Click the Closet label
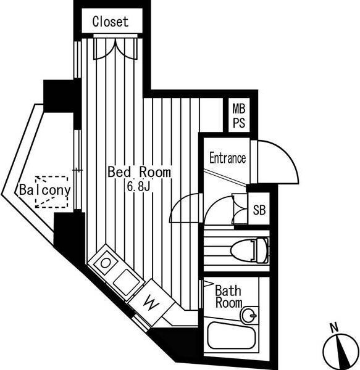click(111, 22)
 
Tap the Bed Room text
click(140, 172)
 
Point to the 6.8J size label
click(139, 187)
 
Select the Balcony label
click(45, 190)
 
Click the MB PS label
click(239, 116)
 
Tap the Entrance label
click(228, 158)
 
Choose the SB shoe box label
click(259, 210)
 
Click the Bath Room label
click(228, 297)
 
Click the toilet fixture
click(250, 250)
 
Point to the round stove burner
click(105, 263)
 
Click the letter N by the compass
click(334, 327)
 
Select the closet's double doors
click(115, 48)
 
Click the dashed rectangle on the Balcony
click(51, 192)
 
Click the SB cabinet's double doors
click(240, 209)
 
